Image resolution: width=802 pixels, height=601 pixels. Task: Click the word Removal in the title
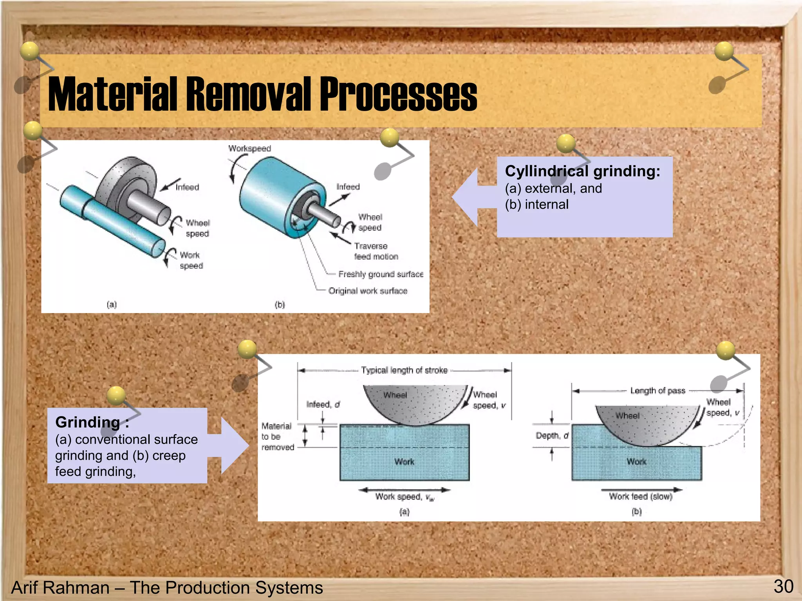coord(251,94)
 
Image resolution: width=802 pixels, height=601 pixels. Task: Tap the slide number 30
coord(783,587)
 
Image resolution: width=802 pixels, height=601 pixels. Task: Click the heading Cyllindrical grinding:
coord(582,171)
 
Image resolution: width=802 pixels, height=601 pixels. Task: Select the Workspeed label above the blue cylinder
coord(250,149)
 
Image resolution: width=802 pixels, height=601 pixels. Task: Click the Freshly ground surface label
coord(381,274)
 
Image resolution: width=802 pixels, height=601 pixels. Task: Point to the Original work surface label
coord(368,291)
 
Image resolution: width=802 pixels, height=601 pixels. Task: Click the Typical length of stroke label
coord(404,370)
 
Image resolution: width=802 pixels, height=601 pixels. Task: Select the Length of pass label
coord(657,390)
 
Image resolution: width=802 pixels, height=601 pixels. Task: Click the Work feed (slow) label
coord(641,497)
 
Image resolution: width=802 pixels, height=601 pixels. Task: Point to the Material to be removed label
coord(277,437)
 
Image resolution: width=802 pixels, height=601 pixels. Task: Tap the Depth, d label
coord(552,435)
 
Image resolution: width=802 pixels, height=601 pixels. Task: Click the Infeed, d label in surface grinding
coord(323,404)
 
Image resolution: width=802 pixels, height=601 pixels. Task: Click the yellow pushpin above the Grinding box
coord(116,395)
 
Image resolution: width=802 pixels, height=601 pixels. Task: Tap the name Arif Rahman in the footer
coord(61,588)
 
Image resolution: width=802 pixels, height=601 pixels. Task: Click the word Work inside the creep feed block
coord(636,462)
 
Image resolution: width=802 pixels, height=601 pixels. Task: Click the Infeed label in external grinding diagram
coord(187,187)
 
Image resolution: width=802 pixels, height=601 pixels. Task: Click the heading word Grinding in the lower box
coord(88,422)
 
